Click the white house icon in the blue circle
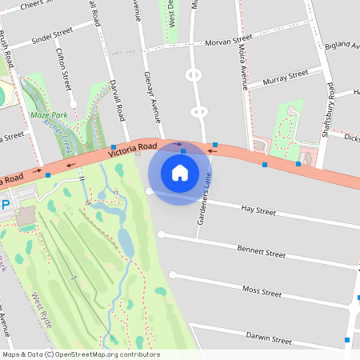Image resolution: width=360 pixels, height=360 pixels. (180, 173)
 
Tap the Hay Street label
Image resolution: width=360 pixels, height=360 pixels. (258, 212)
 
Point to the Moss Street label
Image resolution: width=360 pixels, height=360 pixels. (262, 292)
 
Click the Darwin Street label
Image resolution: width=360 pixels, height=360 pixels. (268, 338)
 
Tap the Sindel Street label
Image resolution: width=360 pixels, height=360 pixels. (52, 34)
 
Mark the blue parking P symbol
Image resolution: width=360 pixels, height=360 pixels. (5, 205)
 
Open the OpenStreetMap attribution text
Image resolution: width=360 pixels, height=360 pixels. (81, 354)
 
